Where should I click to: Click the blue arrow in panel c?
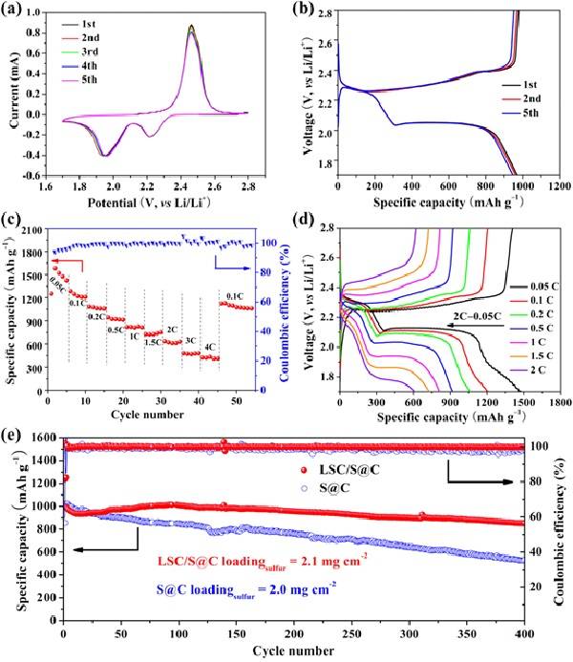pyautogui.click(x=229, y=258)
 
